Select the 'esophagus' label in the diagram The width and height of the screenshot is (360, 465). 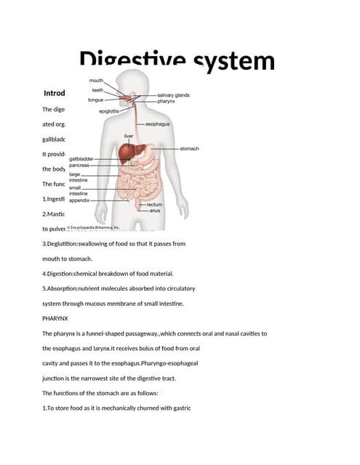click(158, 124)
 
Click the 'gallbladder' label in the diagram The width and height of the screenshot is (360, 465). click(81, 158)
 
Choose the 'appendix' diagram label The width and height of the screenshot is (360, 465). click(79, 201)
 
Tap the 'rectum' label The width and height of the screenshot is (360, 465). click(154, 204)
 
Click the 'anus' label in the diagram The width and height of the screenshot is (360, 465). click(154, 211)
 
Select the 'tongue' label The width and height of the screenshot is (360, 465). click(95, 99)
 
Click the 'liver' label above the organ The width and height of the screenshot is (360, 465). click(128, 135)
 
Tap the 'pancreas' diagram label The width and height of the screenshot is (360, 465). click(79, 166)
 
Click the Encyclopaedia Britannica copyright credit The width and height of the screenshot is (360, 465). click(94, 227)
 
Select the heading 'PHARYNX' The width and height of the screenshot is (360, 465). click(57, 318)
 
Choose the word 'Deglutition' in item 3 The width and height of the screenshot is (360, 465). click(71, 243)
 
